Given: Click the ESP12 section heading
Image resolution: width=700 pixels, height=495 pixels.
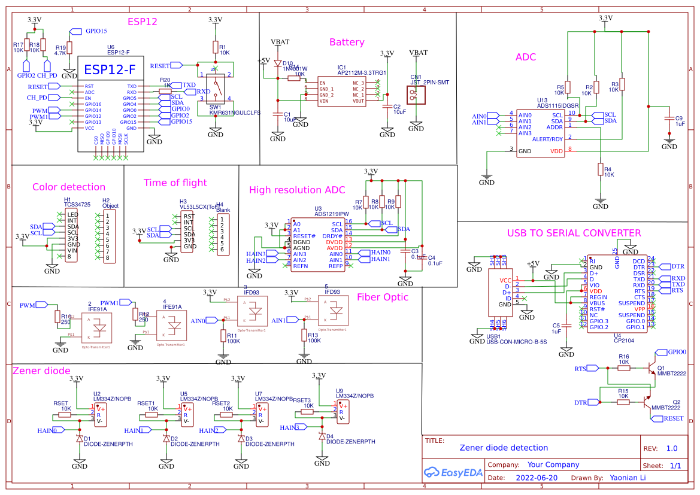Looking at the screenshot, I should [142, 22].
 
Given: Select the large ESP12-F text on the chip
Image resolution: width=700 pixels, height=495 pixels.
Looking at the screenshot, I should [110, 69].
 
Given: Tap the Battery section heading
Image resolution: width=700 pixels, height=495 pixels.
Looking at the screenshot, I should [346, 42].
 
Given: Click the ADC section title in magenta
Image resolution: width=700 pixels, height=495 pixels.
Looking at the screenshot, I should [525, 57].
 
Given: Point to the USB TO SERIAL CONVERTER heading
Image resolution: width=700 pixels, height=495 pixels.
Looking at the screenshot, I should [574, 233].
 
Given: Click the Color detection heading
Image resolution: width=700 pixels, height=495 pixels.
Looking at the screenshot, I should [69, 187].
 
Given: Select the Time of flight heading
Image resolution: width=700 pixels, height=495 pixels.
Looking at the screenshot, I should [175, 183].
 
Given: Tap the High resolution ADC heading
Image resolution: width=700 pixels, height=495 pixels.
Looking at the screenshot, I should [297, 190].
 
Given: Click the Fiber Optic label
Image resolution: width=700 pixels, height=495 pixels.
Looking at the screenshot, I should [382, 297].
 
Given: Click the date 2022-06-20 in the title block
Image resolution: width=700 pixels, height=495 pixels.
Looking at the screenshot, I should [536, 478].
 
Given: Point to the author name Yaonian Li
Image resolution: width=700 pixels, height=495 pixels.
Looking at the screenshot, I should [628, 478].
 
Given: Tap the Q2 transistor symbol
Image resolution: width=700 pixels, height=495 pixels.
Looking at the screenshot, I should [646, 402].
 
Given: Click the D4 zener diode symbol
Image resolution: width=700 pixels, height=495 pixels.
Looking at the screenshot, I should [322, 436].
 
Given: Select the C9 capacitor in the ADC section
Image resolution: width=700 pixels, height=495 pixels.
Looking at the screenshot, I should [669, 124].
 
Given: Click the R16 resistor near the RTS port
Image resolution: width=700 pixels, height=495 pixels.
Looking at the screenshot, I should [623, 368].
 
